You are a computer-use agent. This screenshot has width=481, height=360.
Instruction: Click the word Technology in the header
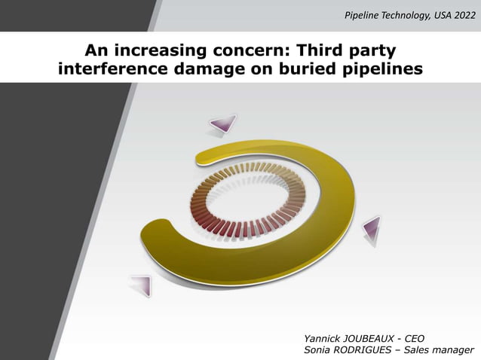coord(397,15)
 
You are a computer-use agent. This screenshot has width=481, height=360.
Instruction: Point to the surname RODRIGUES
coord(369,350)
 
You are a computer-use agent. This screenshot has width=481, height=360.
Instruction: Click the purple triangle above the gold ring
coord(222,124)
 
